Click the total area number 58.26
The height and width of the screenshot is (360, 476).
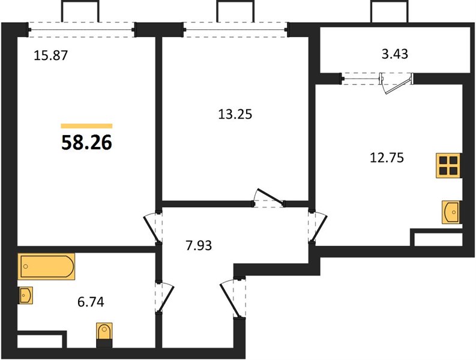coord(87,142)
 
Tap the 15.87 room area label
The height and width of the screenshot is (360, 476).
coord(50,56)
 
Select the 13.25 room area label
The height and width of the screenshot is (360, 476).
coord(235,115)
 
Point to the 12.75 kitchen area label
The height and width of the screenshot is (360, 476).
coord(387,158)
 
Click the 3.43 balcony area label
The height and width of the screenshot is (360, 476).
coord(394,54)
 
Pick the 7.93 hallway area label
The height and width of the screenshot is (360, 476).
coord(199,245)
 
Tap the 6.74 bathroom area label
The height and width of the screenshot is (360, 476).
coord(91,302)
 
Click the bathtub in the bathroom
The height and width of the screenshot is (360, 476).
coord(46,266)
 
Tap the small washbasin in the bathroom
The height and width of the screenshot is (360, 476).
coord(25,295)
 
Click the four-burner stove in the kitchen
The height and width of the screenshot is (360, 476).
coord(448,166)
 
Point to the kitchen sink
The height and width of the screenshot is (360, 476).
coord(451,212)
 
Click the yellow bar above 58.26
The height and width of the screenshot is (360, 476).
coord(87,126)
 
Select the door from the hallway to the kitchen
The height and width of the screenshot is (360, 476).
coord(318,227)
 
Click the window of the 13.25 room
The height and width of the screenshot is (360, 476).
coord(236,30)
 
